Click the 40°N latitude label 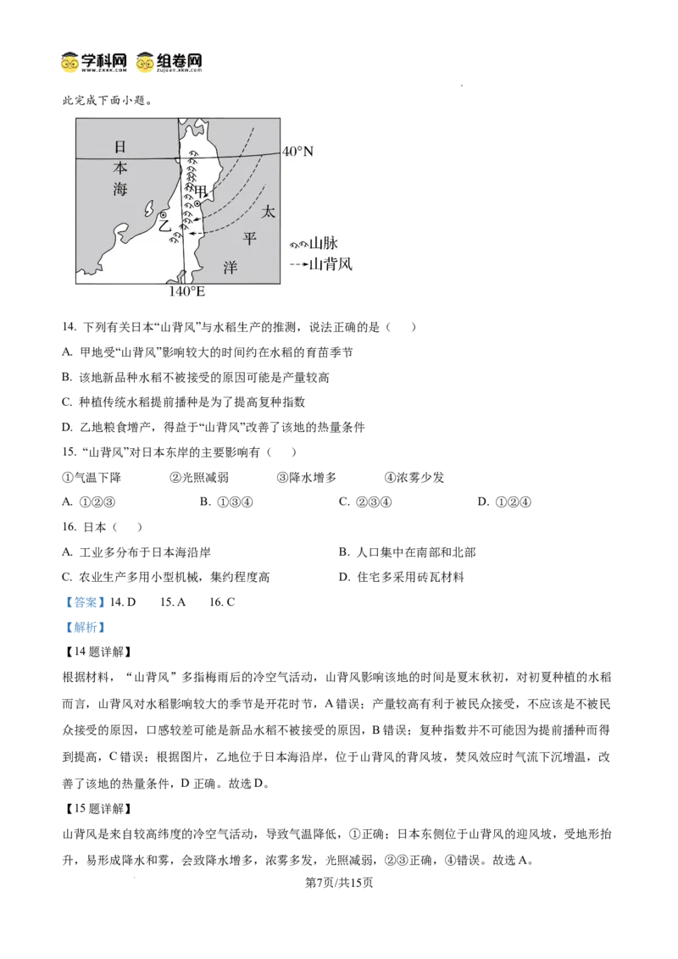[x=297, y=152]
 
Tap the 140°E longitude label [x=187, y=291]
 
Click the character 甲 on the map [x=201, y=191]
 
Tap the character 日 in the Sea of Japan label [x=121, y=146]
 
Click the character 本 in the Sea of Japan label [x=121, y=168]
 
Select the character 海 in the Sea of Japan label [x=121, y=190]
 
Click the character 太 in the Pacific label [x=268, y=212]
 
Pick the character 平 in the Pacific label [x=248, y=239]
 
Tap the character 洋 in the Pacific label [x=230, y=267]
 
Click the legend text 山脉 [x=324, y=243]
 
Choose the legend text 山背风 [x=331, y=264]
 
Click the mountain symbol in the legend [x=298, y=244]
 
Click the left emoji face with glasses [x=70, y=64]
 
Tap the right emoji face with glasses [x=146, y=64]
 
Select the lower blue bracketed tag [x=85, y=629]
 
